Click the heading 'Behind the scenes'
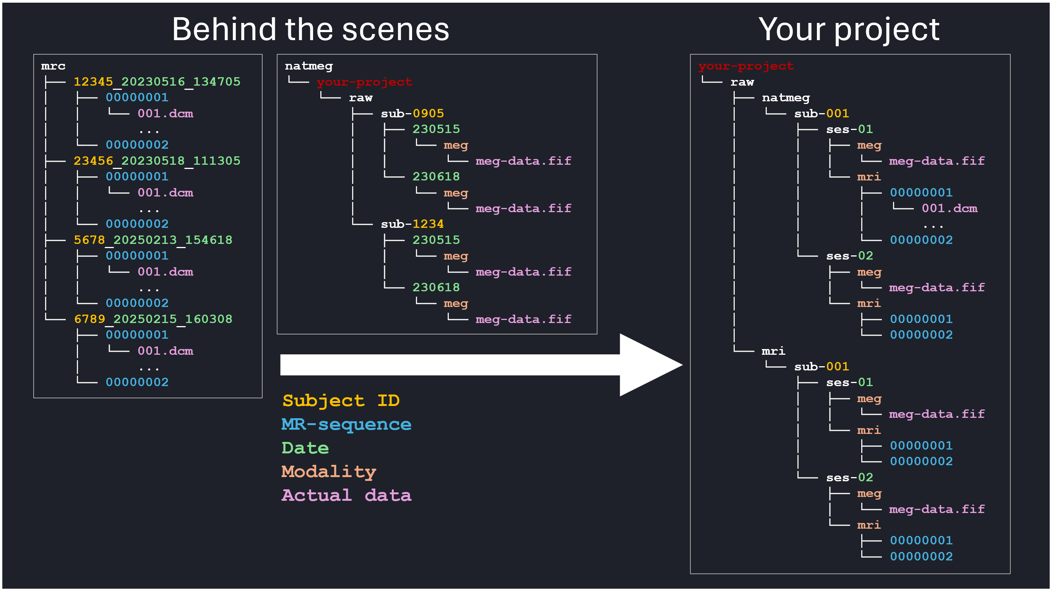click(x=310, y=29)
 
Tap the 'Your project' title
click(x=849, y=29)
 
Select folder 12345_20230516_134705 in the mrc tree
click(x=157, y=82)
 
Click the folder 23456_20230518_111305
click(x=157, y=161)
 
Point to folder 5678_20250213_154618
click(x=153, y=240)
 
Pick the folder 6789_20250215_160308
click(x=153, y=319)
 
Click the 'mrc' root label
click(x=53, y=66)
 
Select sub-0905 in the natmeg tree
click(x=412, y=114)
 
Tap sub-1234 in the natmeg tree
click(x=412, y=224)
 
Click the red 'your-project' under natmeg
click(x=364, y=82)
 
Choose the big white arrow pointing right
click(x=482, y=365)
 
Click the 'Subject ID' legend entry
click(x=341, y=401)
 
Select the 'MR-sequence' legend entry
click(x=346, y=424)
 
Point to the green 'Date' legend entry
click(x=305, y=448)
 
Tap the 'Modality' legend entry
click(x=329, y=472)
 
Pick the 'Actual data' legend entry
click(x=346, y=495)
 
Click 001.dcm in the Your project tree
click(x=949, y=209)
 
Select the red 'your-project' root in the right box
click(x=746, y=66)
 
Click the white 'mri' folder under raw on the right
click(x=773, y=351)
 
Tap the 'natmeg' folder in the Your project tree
click(x=785, y=98)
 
